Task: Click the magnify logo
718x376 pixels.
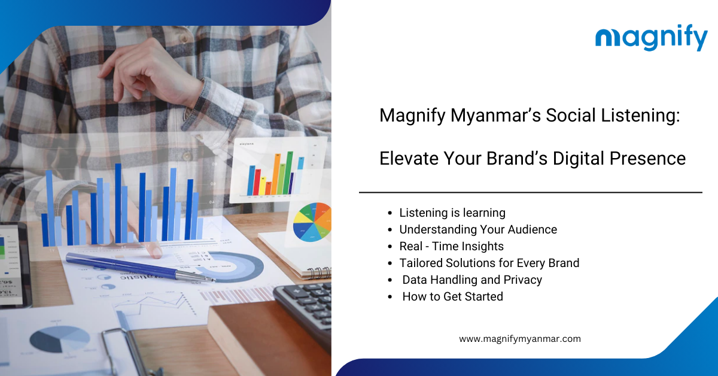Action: [652, 38]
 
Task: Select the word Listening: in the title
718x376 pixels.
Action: [640, 115]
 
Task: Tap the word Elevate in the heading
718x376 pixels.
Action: [407, 158]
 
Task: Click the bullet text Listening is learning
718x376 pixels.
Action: [452, 213]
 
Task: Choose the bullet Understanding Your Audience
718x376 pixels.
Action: [478, 229]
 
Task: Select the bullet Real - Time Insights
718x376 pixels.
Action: [451, 246]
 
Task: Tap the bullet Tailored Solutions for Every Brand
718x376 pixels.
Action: [489, 263]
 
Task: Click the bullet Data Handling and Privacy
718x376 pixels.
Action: [472, 280]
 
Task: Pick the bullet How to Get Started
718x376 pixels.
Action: [452, 296]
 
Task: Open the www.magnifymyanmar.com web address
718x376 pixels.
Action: [519, 339]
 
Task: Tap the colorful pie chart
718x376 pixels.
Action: [312, 222]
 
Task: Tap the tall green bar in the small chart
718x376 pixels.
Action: [288, 172]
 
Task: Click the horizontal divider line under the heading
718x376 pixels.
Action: [531, 193]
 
